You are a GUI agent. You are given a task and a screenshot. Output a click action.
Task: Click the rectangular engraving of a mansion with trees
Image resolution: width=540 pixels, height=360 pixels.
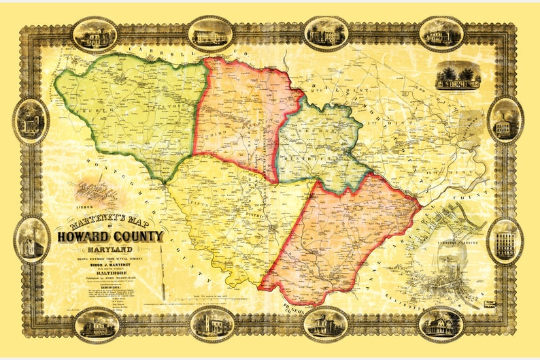pos(458,76)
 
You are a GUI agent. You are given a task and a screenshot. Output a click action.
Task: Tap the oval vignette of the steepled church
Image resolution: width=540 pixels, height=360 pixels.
pos(31,240)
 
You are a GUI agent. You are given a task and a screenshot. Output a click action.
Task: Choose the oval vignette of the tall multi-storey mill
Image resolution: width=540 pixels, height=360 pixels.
pos(505,240)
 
